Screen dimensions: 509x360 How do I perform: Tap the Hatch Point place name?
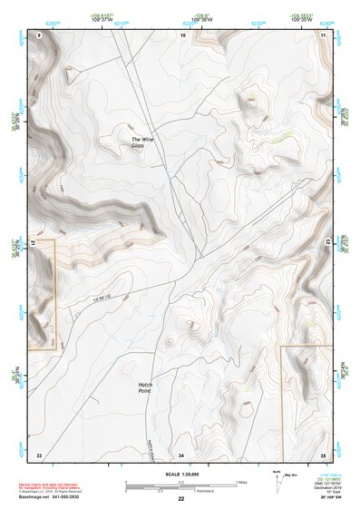pyautogui.click(x=144, y=387)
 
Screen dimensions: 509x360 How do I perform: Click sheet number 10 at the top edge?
pyautogui.click(x=182, y=34)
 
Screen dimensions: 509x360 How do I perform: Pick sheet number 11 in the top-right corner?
pyautogui.click(x=324, y=34)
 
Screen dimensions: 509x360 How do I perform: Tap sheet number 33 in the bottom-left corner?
pyautogui.click(x=39, y=453)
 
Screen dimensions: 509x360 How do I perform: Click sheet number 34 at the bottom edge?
pyautogui.click(x=181, y=453)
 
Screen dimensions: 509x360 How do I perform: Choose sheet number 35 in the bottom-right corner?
pyautogui.click(x=323, y=453)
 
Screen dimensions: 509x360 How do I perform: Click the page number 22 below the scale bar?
pyautogui.click(x=181, y=499)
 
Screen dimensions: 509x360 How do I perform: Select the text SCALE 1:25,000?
pyautogui.click(x=181, y=474)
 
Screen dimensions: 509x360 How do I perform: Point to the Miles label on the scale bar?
pyautogui.click(x=241, y=481)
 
